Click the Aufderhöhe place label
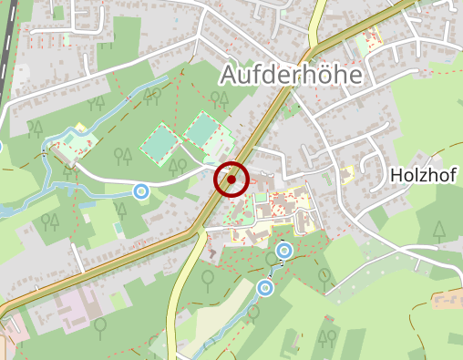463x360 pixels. tap(291, 76)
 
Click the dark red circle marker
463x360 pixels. tap(232, 180)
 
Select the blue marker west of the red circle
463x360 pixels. tap(140, 191)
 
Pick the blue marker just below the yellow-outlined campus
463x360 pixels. tap(284, 250)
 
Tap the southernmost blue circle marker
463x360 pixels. tap(265, 288)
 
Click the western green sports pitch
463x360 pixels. tap(160, 143)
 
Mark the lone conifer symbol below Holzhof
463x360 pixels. tap(439, 231)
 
